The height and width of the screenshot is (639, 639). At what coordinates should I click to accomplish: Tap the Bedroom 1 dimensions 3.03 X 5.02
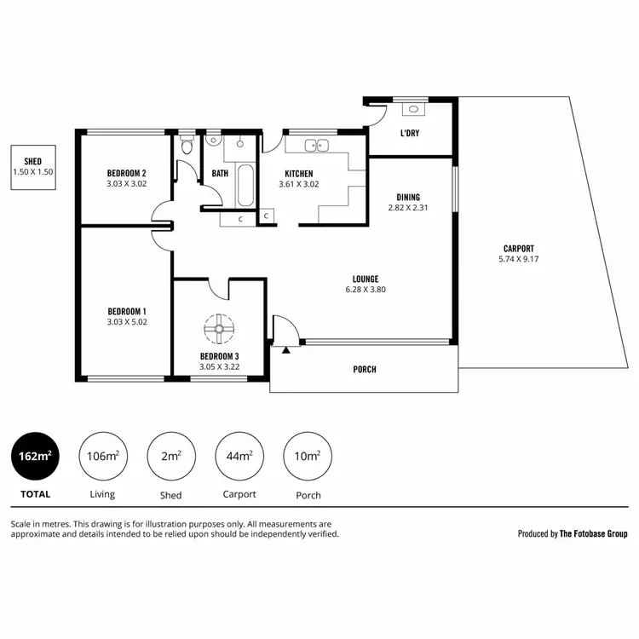tap(126, 322)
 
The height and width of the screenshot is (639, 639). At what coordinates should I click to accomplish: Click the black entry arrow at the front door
tap(286, 348)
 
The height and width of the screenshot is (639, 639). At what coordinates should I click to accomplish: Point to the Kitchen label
tap(298, 173)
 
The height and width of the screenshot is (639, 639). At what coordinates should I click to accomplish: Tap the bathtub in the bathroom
tap(245, 186)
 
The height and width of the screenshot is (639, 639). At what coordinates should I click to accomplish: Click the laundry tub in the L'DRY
tap(413, 108)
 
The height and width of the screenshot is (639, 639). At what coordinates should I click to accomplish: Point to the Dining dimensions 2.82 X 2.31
tap(405, 207)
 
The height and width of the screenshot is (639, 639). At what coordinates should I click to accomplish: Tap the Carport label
tap(517, 248)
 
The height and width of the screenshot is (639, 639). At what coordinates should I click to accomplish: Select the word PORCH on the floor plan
tap(364, 369)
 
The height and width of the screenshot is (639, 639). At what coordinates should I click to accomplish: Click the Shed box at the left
tap(33, 166)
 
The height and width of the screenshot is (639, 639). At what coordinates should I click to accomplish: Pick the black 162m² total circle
tap(35, 457)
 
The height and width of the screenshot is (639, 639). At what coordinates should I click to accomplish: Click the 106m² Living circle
tap(102, 457)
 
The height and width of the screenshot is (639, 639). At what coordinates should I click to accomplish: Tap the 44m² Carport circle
tap(239, 457)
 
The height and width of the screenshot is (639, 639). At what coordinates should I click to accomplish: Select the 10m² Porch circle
tap(307, 457)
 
